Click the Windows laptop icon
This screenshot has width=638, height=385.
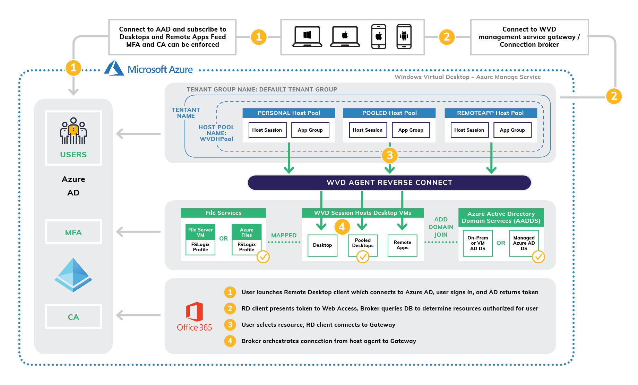(307, 36)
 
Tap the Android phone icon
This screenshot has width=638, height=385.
(404, 36)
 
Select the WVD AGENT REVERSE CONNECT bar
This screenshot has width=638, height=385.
(389, 183)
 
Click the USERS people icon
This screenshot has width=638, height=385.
(73, 131)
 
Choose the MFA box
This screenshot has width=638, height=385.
(73, 232)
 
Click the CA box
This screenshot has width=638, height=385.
(73, 317)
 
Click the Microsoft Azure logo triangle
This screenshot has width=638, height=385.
(114, 68)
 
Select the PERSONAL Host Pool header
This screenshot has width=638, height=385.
(289, 113)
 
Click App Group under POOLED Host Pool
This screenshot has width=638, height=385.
(411, 130)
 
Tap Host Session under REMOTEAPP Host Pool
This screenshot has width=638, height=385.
(469, 130)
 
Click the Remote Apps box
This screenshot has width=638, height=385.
(402, 245)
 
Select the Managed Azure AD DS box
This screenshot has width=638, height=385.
(524, 243)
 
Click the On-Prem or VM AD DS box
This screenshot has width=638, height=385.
(477, 243)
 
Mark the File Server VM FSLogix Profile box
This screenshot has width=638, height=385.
(200, 239)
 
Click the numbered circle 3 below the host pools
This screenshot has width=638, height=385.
(389, 155)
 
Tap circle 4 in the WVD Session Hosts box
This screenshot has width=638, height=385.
(342, 227)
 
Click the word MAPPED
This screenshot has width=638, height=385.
(284, 235)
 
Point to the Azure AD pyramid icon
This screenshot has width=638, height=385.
(73, 275)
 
